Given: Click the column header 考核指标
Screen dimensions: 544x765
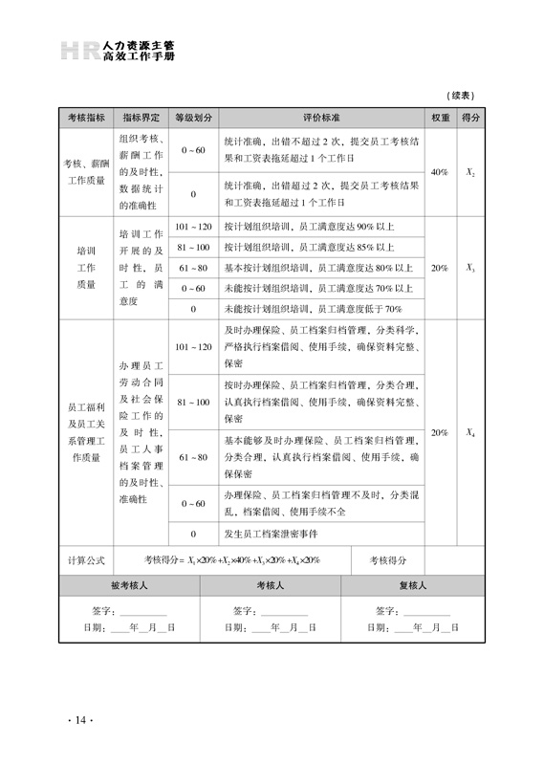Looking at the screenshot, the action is (85, 118).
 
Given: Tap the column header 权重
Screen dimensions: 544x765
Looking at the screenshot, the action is (440, 118).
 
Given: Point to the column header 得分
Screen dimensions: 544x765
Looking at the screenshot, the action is (470, 118).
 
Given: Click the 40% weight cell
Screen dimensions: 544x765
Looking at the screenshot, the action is (440, 172).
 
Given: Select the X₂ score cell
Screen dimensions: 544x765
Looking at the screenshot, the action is (470, 172).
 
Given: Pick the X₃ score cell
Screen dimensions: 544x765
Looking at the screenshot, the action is (470, 269).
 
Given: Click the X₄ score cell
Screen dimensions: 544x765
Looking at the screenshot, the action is (470, 433).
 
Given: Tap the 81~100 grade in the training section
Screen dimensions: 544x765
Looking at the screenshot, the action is (193, 248).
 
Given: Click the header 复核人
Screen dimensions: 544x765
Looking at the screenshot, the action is (412, 585).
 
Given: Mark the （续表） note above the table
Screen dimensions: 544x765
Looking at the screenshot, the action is (462, 96).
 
